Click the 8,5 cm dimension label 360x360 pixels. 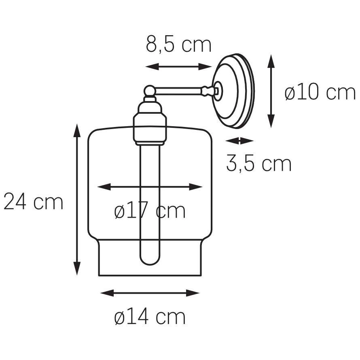[x=179, y=44]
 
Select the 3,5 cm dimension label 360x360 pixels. [x=259, y=163]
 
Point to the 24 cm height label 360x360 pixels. [x=33, y=201]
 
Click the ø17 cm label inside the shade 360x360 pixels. [x=150, y=210]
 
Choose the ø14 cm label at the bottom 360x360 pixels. [x=150, y=317]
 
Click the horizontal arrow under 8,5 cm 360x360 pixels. [x=178, y=67]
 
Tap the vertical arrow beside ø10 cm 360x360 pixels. [x=271, y=91]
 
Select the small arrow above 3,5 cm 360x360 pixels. [x=239, y=141]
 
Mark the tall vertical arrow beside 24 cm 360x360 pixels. [x=77, y=199]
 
